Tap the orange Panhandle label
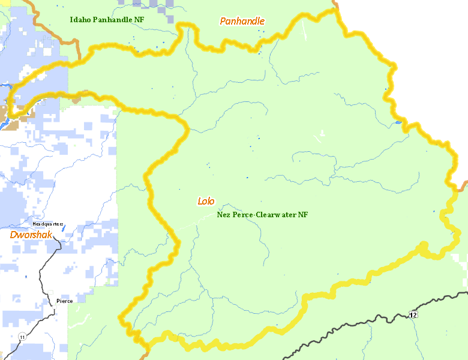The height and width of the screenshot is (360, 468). (x=242, y=22)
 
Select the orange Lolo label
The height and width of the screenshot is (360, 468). (x=206, y=201)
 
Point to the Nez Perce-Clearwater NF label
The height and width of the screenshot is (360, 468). (x=262, y=214)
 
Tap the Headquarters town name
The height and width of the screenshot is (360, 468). (x=48, y=224)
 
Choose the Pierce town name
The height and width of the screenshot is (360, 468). (x=65, y=301)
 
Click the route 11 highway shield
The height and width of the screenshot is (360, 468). (x=22, y=337)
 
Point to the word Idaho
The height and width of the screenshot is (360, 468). (x=79, y=20)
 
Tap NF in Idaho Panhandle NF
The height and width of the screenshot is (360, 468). (x=139, y=20)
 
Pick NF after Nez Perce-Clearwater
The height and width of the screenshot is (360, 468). (x=302, y=214)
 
